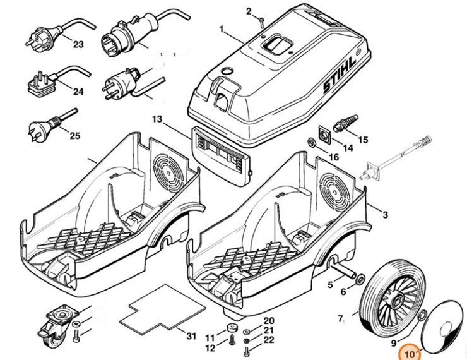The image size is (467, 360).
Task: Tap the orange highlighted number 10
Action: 410,354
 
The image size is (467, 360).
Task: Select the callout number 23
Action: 78,44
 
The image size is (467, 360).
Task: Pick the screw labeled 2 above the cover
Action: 260,22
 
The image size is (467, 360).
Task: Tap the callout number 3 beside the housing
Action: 385,215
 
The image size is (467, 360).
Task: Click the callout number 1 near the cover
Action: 222,30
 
